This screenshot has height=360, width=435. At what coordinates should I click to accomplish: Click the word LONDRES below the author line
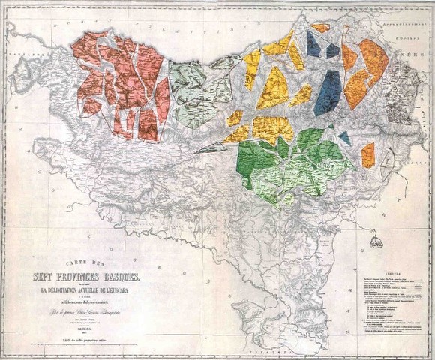(88, 327)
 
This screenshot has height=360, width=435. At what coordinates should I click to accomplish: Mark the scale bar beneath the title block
(88, 341)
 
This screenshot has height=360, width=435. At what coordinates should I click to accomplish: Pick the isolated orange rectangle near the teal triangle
(367, 154)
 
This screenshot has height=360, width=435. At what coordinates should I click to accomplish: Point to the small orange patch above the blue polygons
(320, 28)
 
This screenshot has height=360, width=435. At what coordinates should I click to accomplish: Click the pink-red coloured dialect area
(135, 82)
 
